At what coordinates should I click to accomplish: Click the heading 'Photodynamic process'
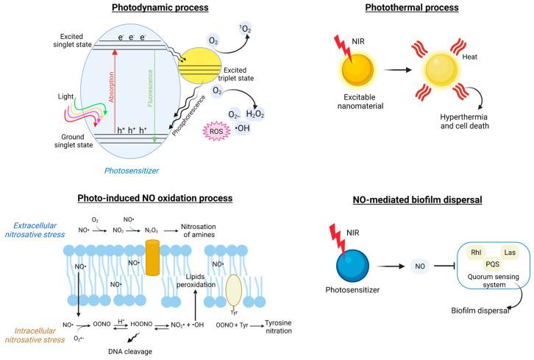[x=160, y=8]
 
